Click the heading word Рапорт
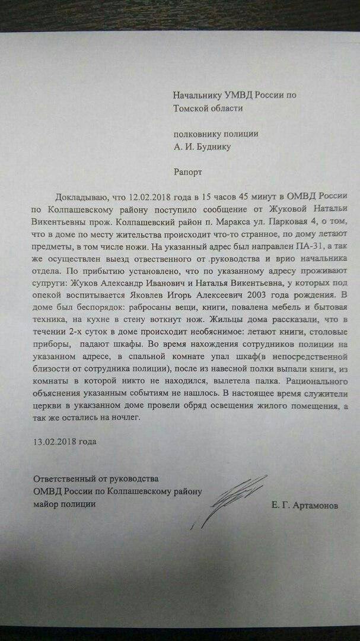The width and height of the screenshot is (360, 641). (x=188, y=172)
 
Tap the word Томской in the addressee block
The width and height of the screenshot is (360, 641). (x=192, y=108)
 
